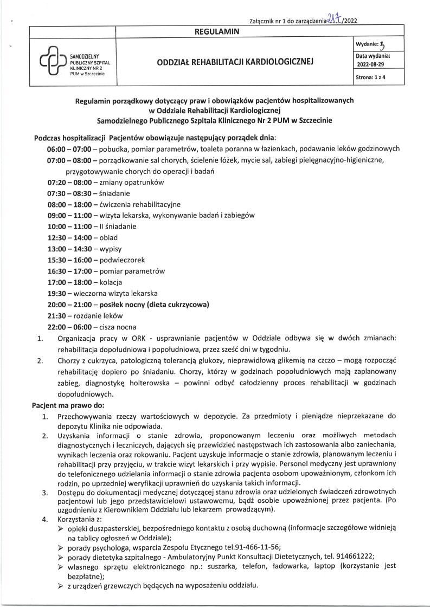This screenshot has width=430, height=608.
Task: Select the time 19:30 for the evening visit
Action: pyautogui.click(x=56, y=293)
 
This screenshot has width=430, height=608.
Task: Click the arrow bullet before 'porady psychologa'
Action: pyautogui.click(x=61, y=548)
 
